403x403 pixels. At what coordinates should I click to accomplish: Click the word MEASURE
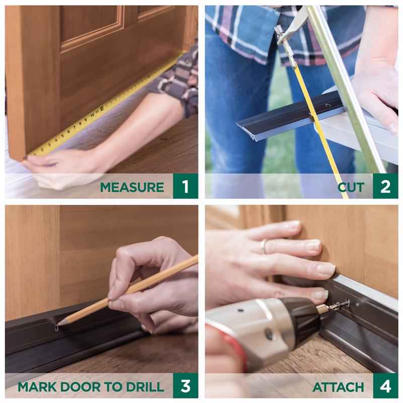tap(131, 187)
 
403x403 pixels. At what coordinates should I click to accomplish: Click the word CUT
tap(351, 187)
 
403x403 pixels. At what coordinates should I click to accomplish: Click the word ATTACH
tap(338, 387)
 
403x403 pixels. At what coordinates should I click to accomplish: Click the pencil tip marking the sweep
tap(58, 324)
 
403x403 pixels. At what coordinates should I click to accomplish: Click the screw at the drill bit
tap(343, 304)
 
